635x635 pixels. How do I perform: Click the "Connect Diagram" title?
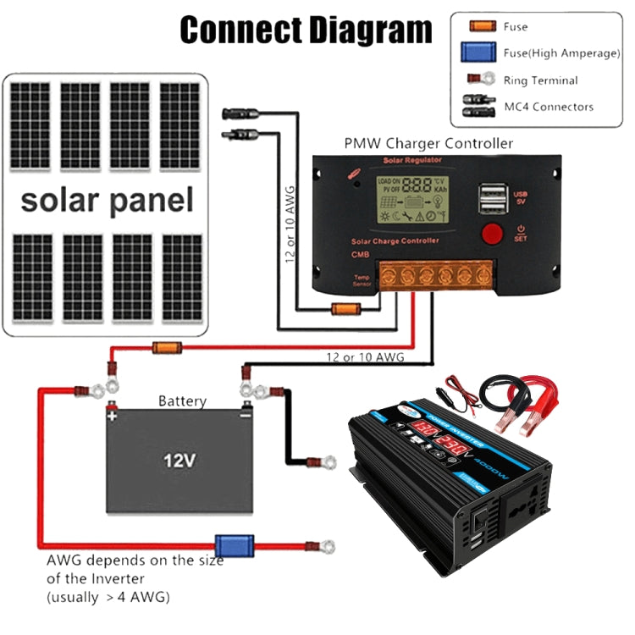(x=306, y=30)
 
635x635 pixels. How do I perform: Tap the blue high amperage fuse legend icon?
(x=480, y=53)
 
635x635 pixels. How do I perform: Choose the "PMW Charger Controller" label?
(x=428, y=143)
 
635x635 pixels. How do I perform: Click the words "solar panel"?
(x=107, y=201)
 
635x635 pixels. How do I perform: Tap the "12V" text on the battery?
(x=179, y=461)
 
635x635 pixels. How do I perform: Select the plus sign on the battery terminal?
(x=111, y=415)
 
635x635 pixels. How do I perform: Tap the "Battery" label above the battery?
(x=182, y=400)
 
